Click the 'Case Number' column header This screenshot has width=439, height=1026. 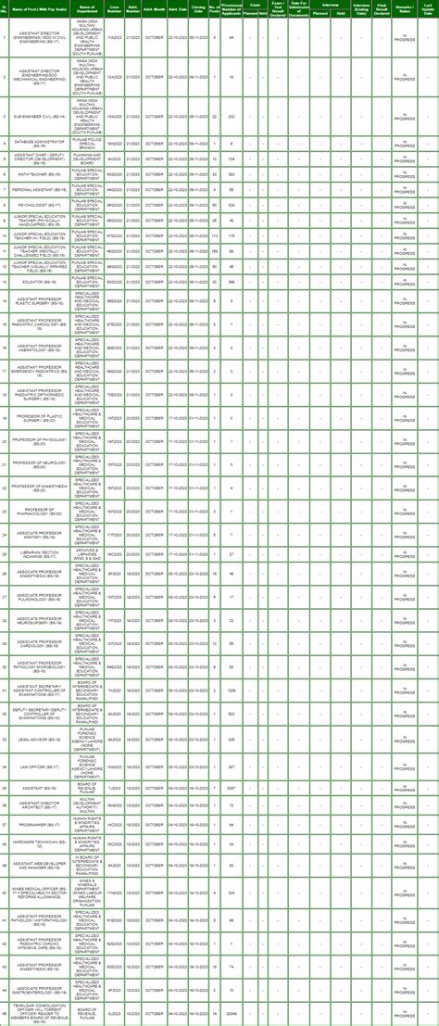coord(115,8)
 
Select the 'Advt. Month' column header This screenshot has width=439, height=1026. coord(154,8)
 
